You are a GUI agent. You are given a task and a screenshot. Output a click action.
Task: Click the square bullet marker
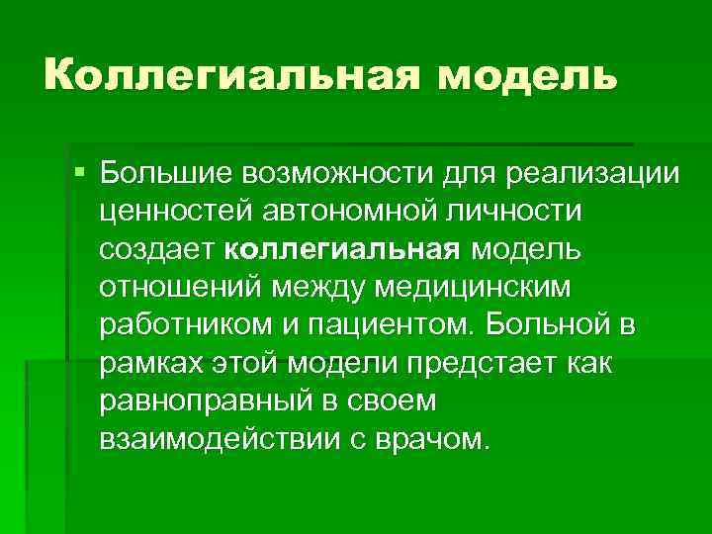point(80,174)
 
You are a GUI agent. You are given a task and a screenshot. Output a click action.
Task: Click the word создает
point(158,251)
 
